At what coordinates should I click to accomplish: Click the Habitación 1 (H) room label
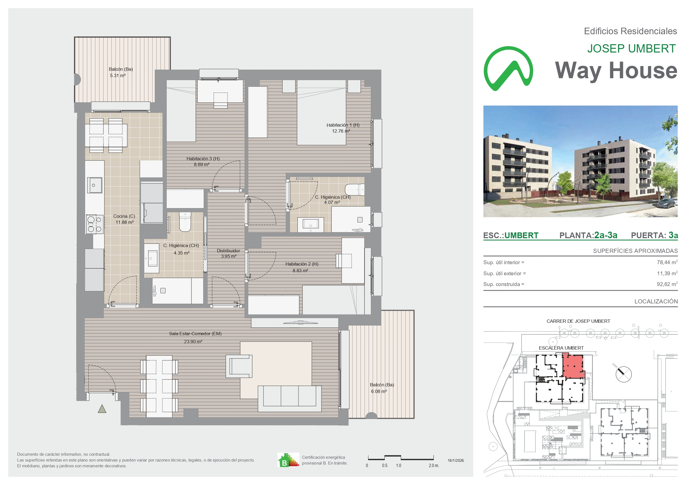tap(343, 125)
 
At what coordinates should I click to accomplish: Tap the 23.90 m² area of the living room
tap(193, 342)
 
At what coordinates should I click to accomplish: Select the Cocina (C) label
tap(124, 216)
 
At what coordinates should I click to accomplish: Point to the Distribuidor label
tap(228, 251)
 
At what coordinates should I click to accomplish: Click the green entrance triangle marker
tap(102, 409)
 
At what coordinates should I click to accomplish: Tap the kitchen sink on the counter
tap(95, 185)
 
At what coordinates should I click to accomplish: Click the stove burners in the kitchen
tap(95, 224)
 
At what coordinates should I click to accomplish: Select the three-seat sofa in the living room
tap(289, 399)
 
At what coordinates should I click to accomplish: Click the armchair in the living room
tap(239, 366)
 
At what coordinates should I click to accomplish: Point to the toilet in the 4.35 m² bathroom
tap(185, 222)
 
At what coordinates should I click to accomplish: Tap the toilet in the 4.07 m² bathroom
tap(355, 190)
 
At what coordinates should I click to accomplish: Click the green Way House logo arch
tap(508, 69)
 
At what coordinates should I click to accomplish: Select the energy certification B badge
tap(288, 460)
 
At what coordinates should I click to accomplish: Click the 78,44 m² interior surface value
tap(667, 262)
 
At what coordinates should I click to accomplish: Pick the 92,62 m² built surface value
tap(667, 284)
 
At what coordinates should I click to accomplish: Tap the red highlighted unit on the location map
tap(573, 366)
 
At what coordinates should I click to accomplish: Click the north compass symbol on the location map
tap(624, 374)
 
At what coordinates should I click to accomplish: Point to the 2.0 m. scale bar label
tap(434, 466)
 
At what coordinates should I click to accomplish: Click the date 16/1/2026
tap(456, 460)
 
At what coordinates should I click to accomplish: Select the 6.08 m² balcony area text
tap(379, 392)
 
